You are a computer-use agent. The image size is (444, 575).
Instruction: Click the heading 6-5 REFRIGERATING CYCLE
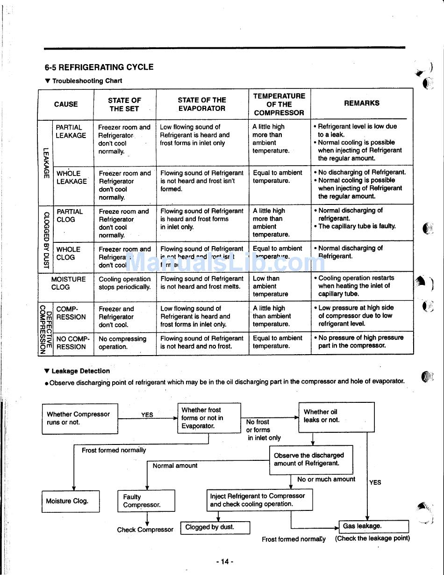click(x=99, y=67)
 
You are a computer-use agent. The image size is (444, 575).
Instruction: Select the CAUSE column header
click(x=66, y=104)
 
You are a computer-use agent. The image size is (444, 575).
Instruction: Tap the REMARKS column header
click(x=362, y=103)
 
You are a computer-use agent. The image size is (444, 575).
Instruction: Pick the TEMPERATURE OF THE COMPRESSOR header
click(x=279, y=104)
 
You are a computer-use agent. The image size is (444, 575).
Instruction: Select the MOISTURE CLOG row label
click(x=68, y=283)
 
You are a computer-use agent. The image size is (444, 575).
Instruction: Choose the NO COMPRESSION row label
click(x=72, y=343)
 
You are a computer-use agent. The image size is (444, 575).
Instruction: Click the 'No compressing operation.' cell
click(x=122, y=343)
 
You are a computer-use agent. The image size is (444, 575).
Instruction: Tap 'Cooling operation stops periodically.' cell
click(x=125, y=283)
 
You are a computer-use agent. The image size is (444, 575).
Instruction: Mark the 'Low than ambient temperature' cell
click(x=271, y=286)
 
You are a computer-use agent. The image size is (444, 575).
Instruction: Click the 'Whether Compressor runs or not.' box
click(x=80, y=418)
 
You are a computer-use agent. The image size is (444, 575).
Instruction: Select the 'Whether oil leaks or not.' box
click(x=336, y=416)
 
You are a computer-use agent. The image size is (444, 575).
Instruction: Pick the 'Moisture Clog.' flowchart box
click(x=70, y=501)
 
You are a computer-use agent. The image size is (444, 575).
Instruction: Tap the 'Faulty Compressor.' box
click(x=146, y=501)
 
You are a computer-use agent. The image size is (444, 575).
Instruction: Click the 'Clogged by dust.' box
click(x=215, y=527)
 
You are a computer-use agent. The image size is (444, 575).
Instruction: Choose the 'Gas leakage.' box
click(x=373, y=526)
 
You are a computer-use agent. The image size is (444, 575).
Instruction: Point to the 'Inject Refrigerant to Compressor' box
click(x=259, y=500)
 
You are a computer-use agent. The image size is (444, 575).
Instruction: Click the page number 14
click(x=224, y=561)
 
